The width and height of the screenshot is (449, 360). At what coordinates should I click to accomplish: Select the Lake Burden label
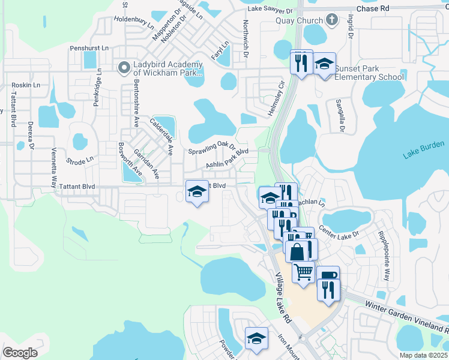(424, 149)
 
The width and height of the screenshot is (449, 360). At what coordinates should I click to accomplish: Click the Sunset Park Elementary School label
(369, 73)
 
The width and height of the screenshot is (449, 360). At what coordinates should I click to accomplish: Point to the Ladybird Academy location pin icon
(124, 68)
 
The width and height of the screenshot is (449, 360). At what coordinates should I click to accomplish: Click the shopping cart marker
(303, 271)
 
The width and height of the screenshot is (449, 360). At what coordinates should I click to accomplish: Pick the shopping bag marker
(297, 251)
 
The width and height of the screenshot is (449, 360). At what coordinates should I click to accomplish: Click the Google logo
(20, 352)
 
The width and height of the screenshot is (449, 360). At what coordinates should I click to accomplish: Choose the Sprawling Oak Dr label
(211, 148)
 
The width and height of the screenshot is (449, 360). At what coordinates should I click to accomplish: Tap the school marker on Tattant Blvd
(196, 192)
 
